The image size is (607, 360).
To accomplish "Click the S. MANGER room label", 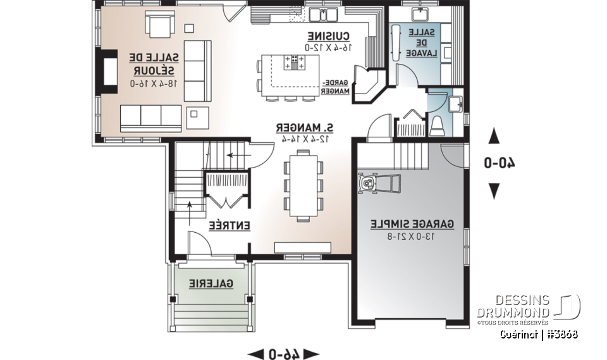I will (305, 127).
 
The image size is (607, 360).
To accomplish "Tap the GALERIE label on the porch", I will (211, 284).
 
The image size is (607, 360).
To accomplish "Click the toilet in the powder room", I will (438, 125).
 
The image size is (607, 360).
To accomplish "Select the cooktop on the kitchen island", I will (295, 62).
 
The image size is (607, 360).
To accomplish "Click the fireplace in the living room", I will (107, 70).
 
